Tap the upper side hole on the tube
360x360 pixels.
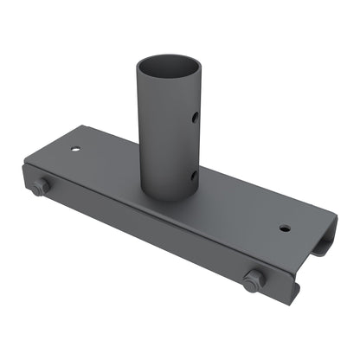(x=196, y=115)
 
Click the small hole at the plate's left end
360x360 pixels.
(x=77, y=149)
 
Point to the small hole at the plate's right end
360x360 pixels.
(x=285, y=228)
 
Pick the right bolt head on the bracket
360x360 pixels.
(x=254, y=280)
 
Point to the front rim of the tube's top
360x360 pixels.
(x=168, y=80)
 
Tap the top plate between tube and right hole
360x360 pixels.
(x=242, y=211)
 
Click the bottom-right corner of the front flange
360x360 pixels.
(x=295, y=302)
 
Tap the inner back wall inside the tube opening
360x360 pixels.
(x=168, y=63)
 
